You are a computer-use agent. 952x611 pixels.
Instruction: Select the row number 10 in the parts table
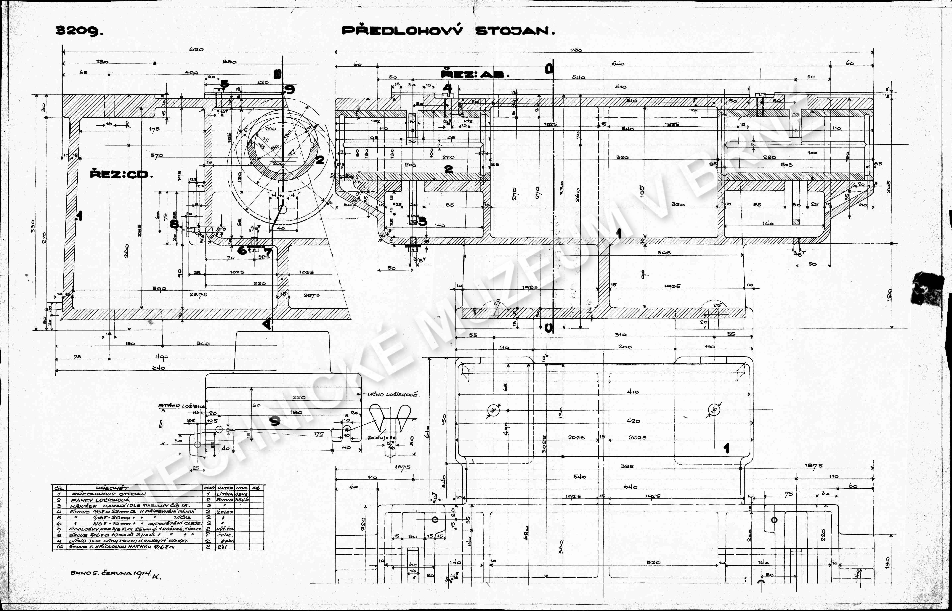click(x=59, y=547)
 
